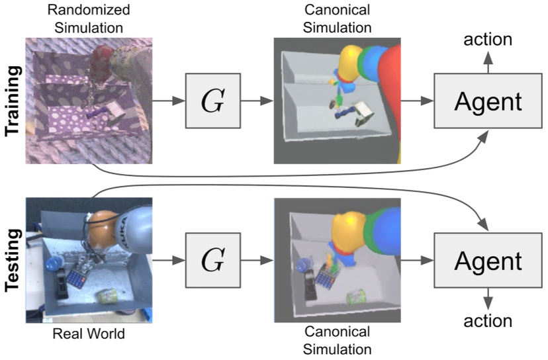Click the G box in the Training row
pos(213,101)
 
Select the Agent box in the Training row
pos(488,101)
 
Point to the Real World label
pos(88,335)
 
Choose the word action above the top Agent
pos(488,39)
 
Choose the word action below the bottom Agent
pos(488,322)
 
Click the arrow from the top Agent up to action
pos(488,63)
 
